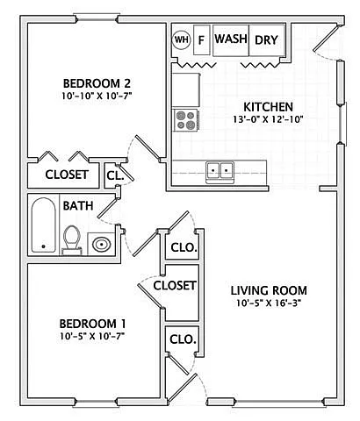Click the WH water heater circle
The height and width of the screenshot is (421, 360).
point(182,39)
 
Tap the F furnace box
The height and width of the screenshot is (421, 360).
point(201,39)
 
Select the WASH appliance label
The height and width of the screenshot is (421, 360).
point(230,39)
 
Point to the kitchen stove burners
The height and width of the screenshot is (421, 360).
point(186,118)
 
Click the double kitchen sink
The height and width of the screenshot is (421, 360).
point(220,169)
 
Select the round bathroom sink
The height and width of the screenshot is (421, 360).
point(102,244)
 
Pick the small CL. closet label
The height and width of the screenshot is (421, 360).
point(114,175)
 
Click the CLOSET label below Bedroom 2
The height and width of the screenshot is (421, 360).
point(67,175)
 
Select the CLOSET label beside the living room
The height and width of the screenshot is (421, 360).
point(175,285)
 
